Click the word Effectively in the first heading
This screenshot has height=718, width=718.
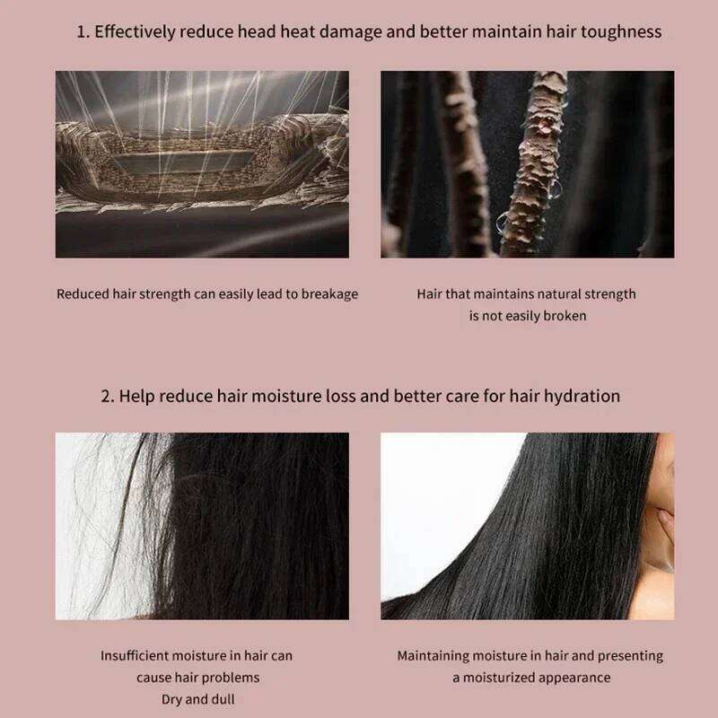pos(135,32)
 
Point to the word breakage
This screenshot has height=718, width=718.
pos(328,294)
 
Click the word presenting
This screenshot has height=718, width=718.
pos(628,656)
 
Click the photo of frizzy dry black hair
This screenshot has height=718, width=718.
pos(202,526)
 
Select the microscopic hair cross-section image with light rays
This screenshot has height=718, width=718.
pos(202,164)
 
